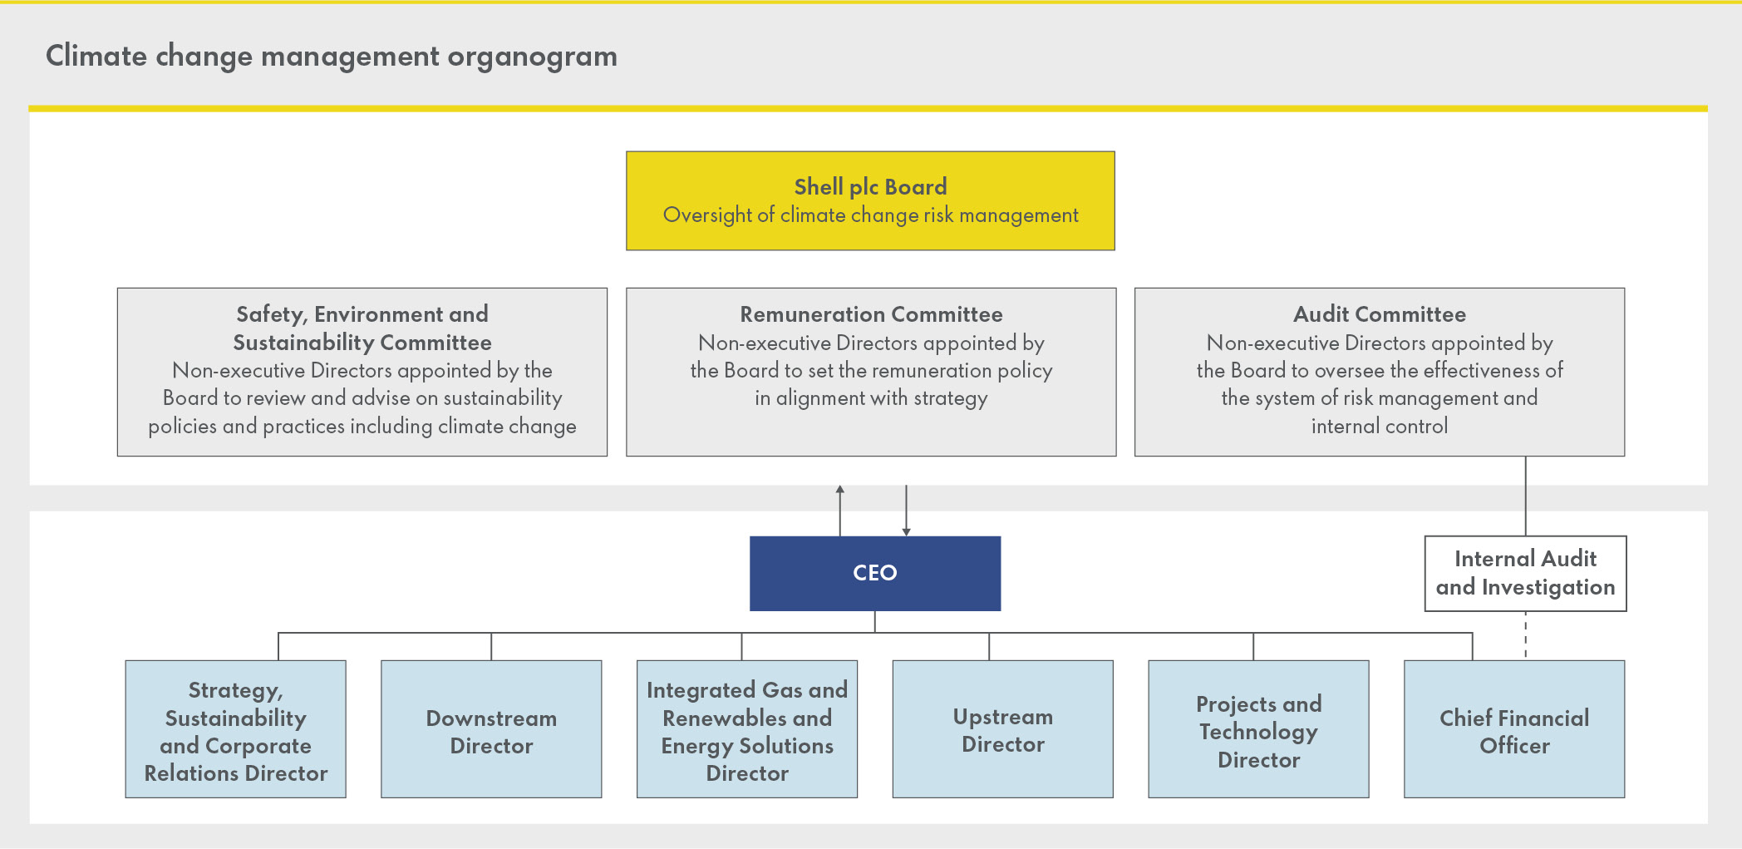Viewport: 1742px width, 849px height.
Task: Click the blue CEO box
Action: (x=874, y=573)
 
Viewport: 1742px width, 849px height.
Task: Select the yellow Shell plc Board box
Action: (x=870, y=200)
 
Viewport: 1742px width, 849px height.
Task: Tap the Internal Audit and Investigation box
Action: (x=1525, y=573)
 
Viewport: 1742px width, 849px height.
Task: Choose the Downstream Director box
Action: (x=491, y=729)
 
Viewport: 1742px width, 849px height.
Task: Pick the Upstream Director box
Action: (x=1002, y=729)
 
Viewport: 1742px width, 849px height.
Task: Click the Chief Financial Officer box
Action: (x=1513, y=729)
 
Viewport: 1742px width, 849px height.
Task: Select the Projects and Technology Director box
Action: (x=1258, y=729)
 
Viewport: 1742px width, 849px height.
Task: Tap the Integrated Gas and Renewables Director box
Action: (x=746, y=729)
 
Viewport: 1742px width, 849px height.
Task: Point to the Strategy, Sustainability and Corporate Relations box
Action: (x=235, y=729)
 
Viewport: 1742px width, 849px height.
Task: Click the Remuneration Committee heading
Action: (x=871, y=314)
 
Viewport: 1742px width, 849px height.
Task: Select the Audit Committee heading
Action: (x=1379, y=314)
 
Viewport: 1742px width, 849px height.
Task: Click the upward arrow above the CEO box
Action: (x=840, y=507)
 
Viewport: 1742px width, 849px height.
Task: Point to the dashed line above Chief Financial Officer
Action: (x=1526, y=635)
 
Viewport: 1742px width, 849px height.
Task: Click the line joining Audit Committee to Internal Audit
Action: (x=1526, y=496)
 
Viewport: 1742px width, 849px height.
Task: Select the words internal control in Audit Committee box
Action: (x=1379, y=427)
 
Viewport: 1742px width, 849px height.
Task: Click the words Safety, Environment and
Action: (x=362, y=314)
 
